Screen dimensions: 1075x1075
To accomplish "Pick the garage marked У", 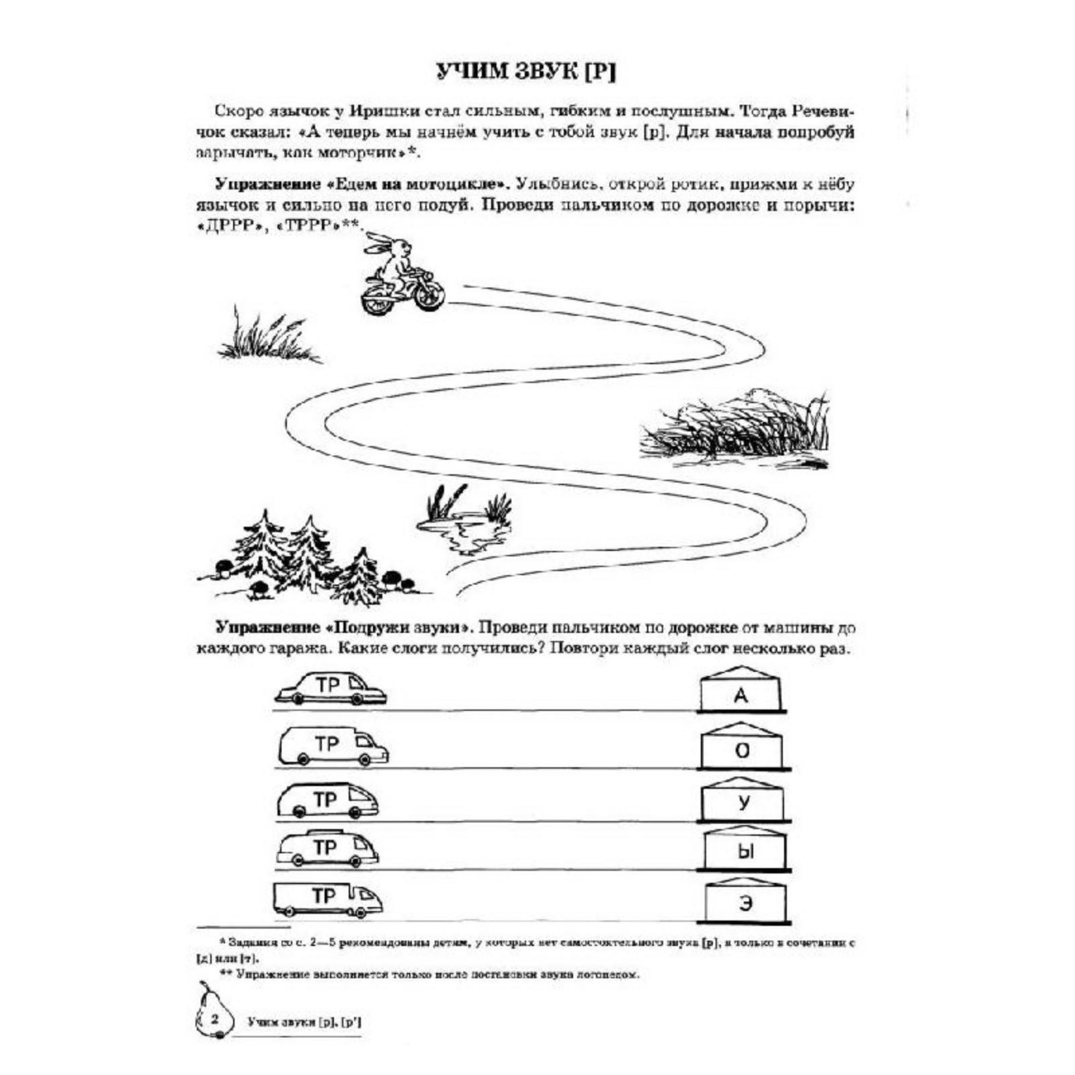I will point(743,800).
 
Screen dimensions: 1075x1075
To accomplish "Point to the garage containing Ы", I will point(745,849).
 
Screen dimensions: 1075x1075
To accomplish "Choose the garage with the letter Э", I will point(746,900).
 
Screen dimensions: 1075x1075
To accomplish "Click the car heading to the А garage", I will point(331,689).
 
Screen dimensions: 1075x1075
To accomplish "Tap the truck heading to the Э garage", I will point(327,899).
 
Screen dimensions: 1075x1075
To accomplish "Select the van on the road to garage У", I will point(327,800).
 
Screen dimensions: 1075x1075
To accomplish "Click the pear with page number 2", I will point(213,1018).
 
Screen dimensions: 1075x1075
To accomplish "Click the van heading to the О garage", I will point(332,746).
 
